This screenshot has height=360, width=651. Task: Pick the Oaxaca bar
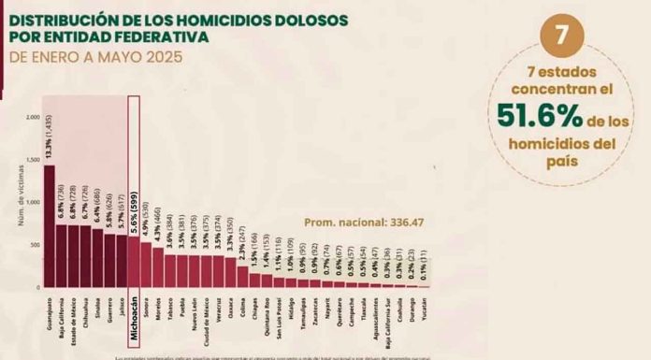click(230, 271)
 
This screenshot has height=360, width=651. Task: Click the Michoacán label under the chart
click(134, 321)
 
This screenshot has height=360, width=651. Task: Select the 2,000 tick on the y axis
click(33, 118)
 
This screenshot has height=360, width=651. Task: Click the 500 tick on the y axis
click(35, 245)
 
